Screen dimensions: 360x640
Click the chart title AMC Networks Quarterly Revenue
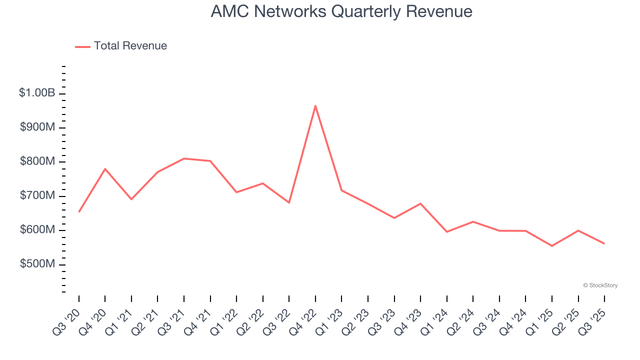click(341, 11)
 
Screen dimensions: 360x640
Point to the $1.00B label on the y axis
click(37, 93)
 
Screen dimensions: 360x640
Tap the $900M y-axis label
click(37, 127)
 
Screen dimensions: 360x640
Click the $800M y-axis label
click(37, 161)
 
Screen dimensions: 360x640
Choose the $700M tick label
click(37, 195)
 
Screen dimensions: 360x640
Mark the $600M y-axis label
click(37, 230)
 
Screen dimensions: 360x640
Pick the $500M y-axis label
click(37, 264)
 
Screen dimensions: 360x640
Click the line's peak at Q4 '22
click(315, 105)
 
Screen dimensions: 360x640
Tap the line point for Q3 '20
click(79, 212)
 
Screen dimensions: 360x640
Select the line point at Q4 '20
click(105, 169)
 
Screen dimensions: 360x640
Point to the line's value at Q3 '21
click(184, 158)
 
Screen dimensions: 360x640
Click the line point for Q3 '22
click(289, 202)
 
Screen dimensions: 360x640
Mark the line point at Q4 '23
click(420, 203)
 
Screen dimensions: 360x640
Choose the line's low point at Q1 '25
click(552, 246)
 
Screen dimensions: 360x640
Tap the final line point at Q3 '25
click(604, 243)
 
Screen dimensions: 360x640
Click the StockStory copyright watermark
click(600, 285)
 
